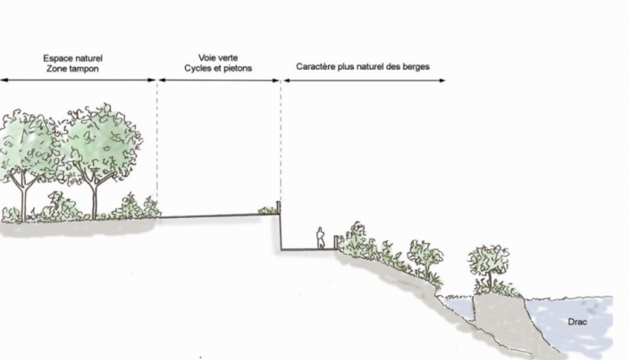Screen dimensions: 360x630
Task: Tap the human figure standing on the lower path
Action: coord(320,239)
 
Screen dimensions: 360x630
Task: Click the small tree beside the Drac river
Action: coord(490,264)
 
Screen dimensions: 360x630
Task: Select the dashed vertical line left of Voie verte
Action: coord(157,143)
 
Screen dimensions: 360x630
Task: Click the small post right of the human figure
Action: coord(337,241)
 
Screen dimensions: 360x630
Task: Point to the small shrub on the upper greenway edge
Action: coord(266,211)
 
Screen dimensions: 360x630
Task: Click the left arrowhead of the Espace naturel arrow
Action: coord(4,80)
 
